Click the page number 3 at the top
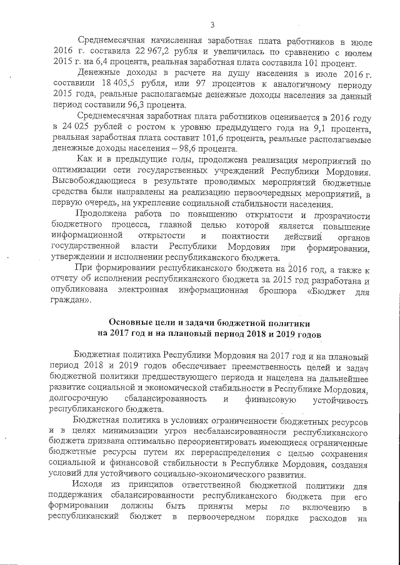point(212,25)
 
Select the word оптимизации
point(79,172)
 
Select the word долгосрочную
point(79,400)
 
